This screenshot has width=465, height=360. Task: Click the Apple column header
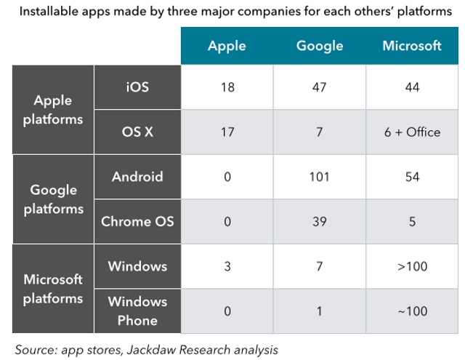pos(227,46)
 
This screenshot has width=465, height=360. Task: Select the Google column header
pos(319,46)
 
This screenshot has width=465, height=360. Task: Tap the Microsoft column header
pos(412,46)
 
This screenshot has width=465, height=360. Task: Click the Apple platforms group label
pos(52,110)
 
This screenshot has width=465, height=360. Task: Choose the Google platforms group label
pos(52,199)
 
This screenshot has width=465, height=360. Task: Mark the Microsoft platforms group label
pos(52,289)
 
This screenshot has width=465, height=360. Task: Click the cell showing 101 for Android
pos(319,177)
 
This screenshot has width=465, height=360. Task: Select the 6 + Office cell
pos(412,132)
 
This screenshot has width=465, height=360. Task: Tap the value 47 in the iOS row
pos(319,87)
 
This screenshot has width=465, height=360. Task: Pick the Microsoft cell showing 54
pos(412,177)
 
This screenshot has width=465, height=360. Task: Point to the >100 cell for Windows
pos(412,266)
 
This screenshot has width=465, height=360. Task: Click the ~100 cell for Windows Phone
pos(412,311)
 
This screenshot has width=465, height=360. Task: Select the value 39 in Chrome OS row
pos(319,221)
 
